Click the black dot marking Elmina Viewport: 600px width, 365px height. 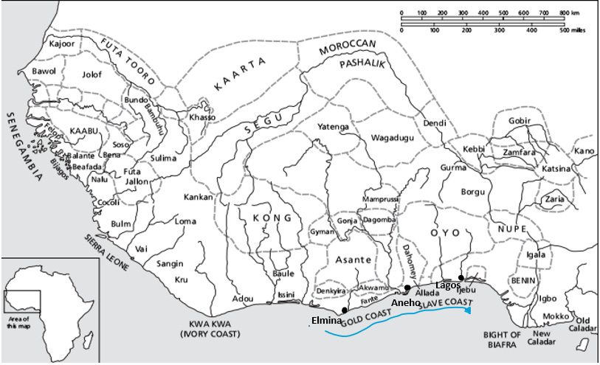click(346, 310)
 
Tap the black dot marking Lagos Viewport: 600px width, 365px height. click(460, 278)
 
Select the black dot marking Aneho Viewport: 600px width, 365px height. click(407, 288)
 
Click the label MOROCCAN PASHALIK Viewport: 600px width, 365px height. click(348, 55)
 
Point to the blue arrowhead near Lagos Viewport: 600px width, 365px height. click(469, 309)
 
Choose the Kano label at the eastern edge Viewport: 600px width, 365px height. click(584, 151)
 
